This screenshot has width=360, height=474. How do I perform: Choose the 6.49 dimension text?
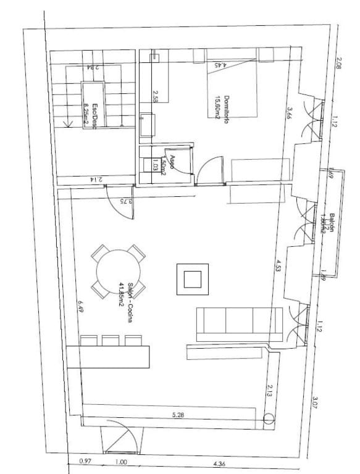(x=80, y=307)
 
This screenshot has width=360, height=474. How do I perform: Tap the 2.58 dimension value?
(x=156, y=97)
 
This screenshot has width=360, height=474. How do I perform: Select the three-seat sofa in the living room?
(x=240, y=323)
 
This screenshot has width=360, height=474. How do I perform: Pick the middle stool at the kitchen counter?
(x=111, y=341)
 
